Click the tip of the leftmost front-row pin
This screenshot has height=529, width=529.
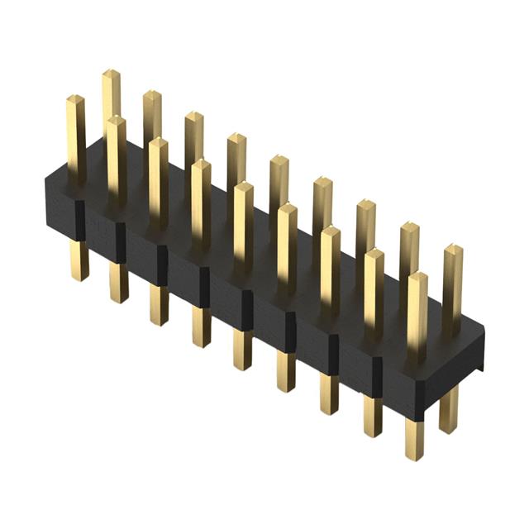pos(75,100)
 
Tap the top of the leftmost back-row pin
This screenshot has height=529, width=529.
pos(111,75)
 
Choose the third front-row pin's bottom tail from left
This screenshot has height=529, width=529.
pos(159,305)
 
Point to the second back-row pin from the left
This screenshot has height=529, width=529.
pos(152,116)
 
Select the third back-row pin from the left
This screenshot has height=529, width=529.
pos(194,136)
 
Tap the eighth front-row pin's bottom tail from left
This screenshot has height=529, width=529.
pos(373,417)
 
